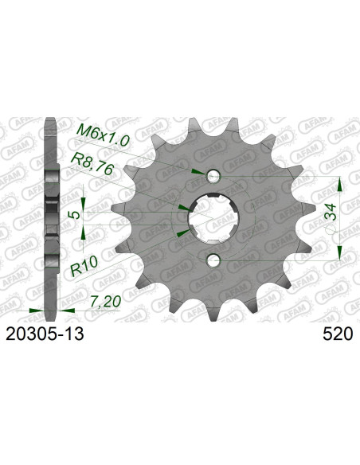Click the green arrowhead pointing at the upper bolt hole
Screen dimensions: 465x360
tap(197, 171)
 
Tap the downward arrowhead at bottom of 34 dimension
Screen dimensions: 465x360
tap(340, 252)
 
